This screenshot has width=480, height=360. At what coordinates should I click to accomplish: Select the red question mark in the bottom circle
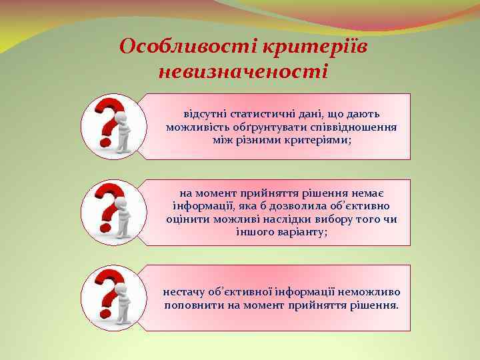[107, 294]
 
